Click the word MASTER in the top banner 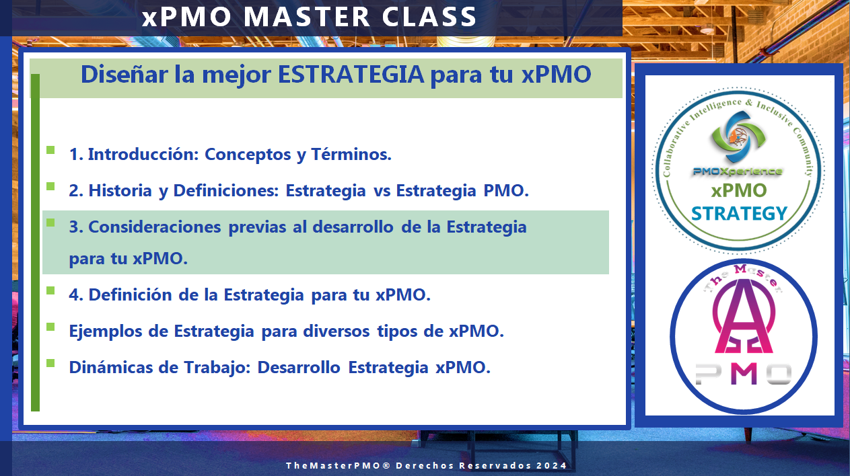pyautogui.click(x=307, y=17)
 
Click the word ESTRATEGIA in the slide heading pyautogui.click(x=351, y=74)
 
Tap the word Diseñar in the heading pyautogui.click(x=124, y=74)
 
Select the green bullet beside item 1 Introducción pyautogui.click(x=50, y=150)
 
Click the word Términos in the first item pyautogui.click(x=351, y=154)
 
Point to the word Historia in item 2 pyautogui.click(x=120, y=191)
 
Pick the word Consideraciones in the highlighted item pyautogui.click(x=154, y=227)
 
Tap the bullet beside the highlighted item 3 pyautogui.click(x=50, y=223)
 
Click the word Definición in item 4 pyautogui.click(x=130, y=295)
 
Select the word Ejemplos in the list pyautogui.click(x=105, y=331)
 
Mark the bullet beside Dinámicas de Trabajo pyautogui.click(x=50, y=363)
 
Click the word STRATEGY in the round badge pyautogui.click(x=739, y=214)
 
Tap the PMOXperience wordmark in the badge pyautogui.click(x=738, y=171)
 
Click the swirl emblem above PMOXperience pyautogui.click(x=738, y=136)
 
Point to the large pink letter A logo pyautogui.click(x=744, y=317)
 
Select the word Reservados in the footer pyautogui.click(x=495, y=465)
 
